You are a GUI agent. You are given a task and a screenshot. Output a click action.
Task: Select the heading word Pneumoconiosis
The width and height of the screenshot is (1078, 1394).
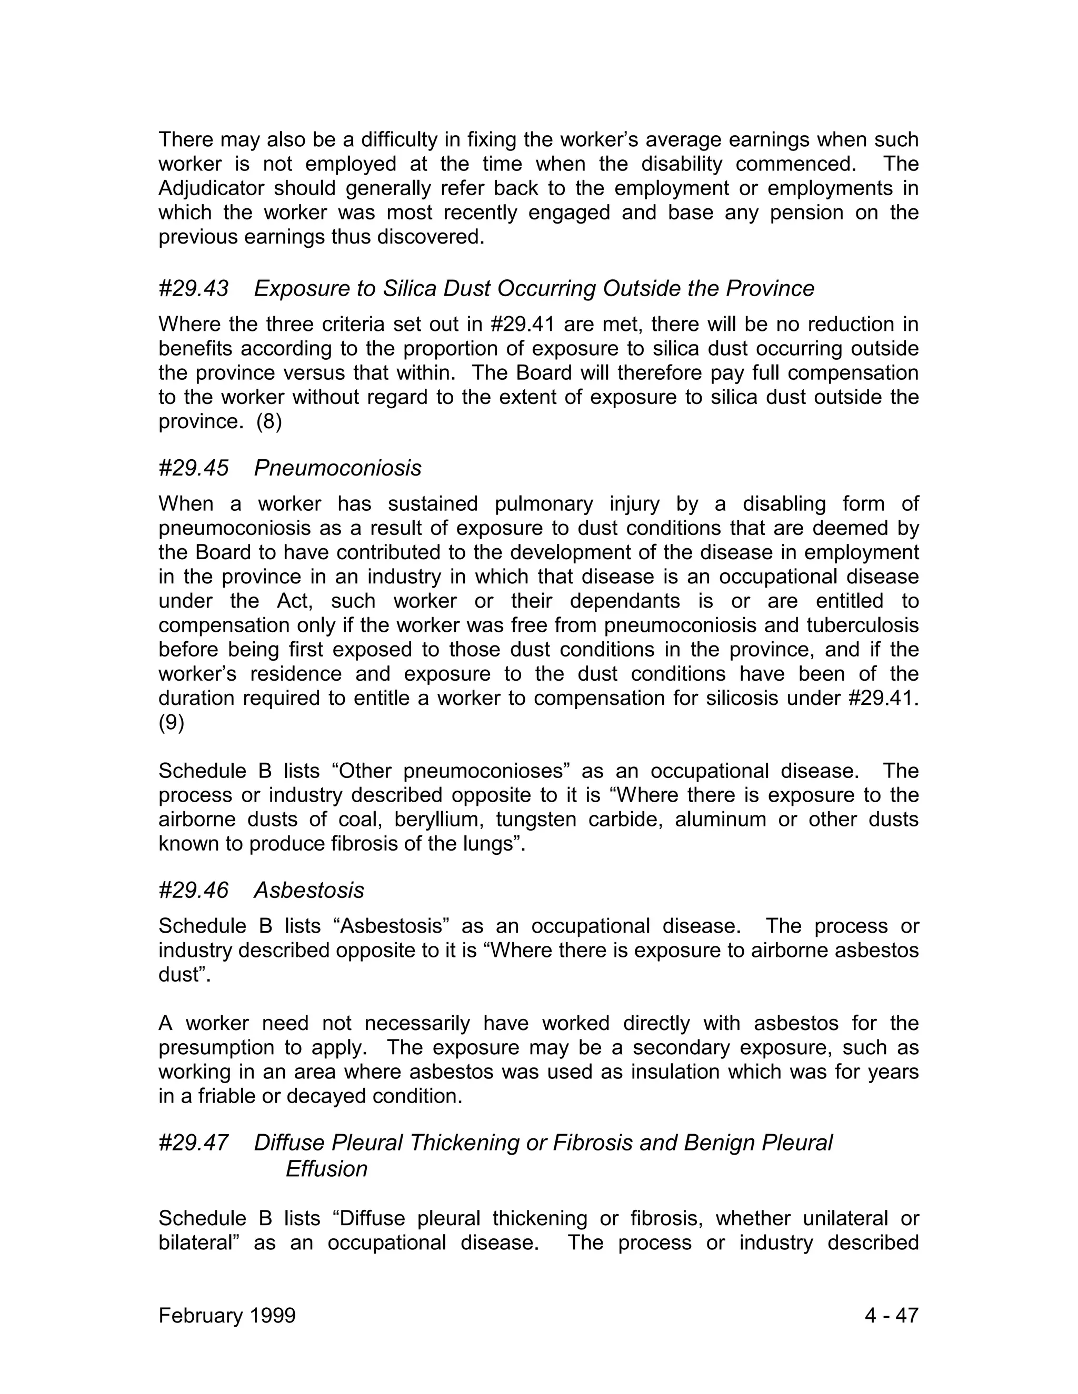(x=337, y=469)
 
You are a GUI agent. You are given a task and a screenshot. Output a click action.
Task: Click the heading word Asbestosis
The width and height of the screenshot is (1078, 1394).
(x=309, y=891)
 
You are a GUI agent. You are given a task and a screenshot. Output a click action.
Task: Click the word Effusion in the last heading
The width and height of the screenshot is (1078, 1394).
(x=326, y=1169)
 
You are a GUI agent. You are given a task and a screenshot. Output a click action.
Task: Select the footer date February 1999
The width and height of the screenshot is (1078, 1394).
(x=227, y=1316)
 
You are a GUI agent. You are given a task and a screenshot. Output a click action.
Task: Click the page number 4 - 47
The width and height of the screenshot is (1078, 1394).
(x=891, y=1316)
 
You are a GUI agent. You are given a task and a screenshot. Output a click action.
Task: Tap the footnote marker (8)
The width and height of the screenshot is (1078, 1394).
(x=269, y=422)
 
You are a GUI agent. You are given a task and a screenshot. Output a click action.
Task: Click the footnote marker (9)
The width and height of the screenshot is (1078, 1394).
(x=171, y=723)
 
